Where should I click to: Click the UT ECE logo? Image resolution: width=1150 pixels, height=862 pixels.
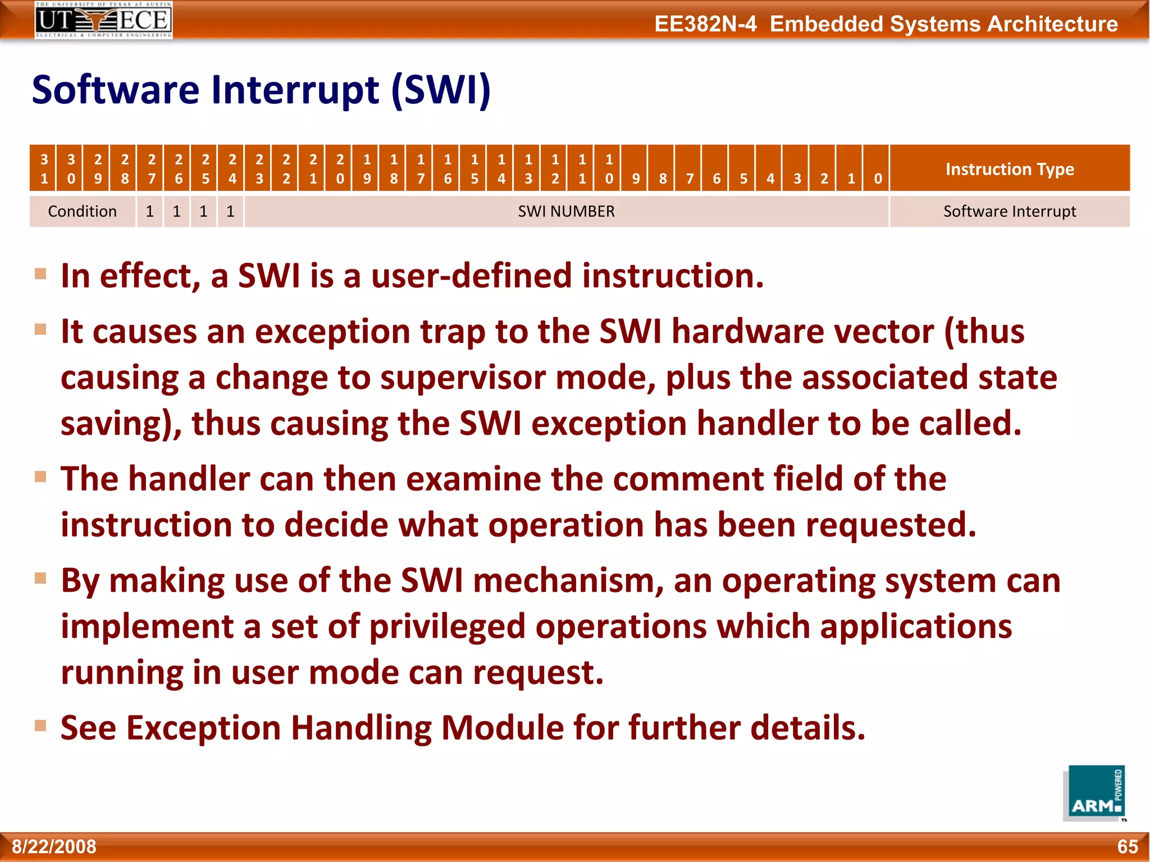click(x=104, y=20)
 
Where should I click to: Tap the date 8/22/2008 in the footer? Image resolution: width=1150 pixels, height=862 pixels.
click(x=54, y=846)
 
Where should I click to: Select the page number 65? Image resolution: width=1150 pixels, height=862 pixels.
click(x=1127, y=846)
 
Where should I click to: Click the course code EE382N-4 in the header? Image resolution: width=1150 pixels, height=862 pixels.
click(x=705, y=24)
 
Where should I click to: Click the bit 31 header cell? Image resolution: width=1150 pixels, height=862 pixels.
click(x=44, y=168)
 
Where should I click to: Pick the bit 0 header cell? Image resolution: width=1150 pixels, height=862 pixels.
click(x=878, y=168)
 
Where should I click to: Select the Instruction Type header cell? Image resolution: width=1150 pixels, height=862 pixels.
click(x=1009, y=168)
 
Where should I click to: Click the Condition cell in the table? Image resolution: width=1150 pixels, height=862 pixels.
click(x=83, y=212)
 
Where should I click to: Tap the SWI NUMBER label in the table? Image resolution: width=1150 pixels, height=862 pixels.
click(x=566, y=212)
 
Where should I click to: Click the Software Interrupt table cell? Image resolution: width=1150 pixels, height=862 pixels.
click(x=1009, y=212)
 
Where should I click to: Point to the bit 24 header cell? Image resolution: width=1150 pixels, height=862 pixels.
click(x=232, y=168)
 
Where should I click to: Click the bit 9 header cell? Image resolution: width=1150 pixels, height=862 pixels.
click(x=636, y=168)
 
